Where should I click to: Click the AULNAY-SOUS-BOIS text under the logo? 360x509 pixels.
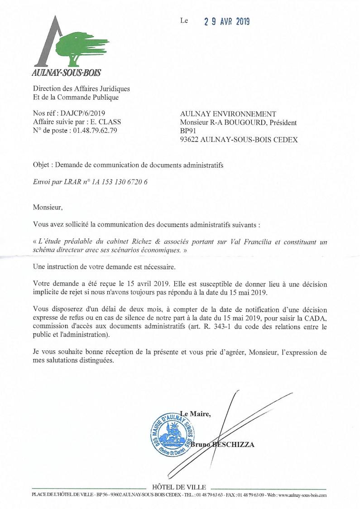[x=66, y=72]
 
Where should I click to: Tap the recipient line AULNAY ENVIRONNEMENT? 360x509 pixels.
[x=228, y=114]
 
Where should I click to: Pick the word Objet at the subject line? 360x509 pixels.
[x=43, y=165]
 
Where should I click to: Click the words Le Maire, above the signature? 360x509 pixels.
[x=195, y=413]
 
